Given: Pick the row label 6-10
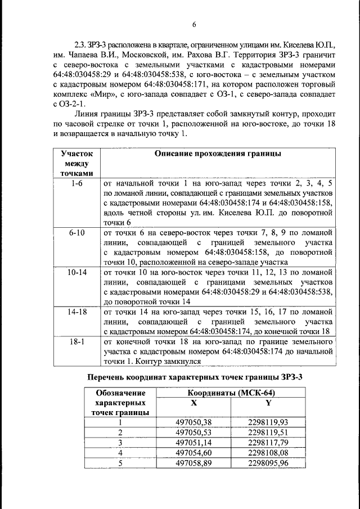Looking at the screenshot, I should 75,232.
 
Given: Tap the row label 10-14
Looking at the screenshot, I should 75,271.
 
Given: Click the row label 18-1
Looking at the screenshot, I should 75,341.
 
